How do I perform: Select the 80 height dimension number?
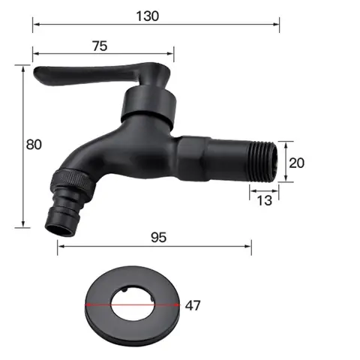click(11, 145)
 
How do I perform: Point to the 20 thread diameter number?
click(297, 162)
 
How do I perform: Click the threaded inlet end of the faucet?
click(265, 160)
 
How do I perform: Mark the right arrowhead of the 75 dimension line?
click(172, 53)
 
